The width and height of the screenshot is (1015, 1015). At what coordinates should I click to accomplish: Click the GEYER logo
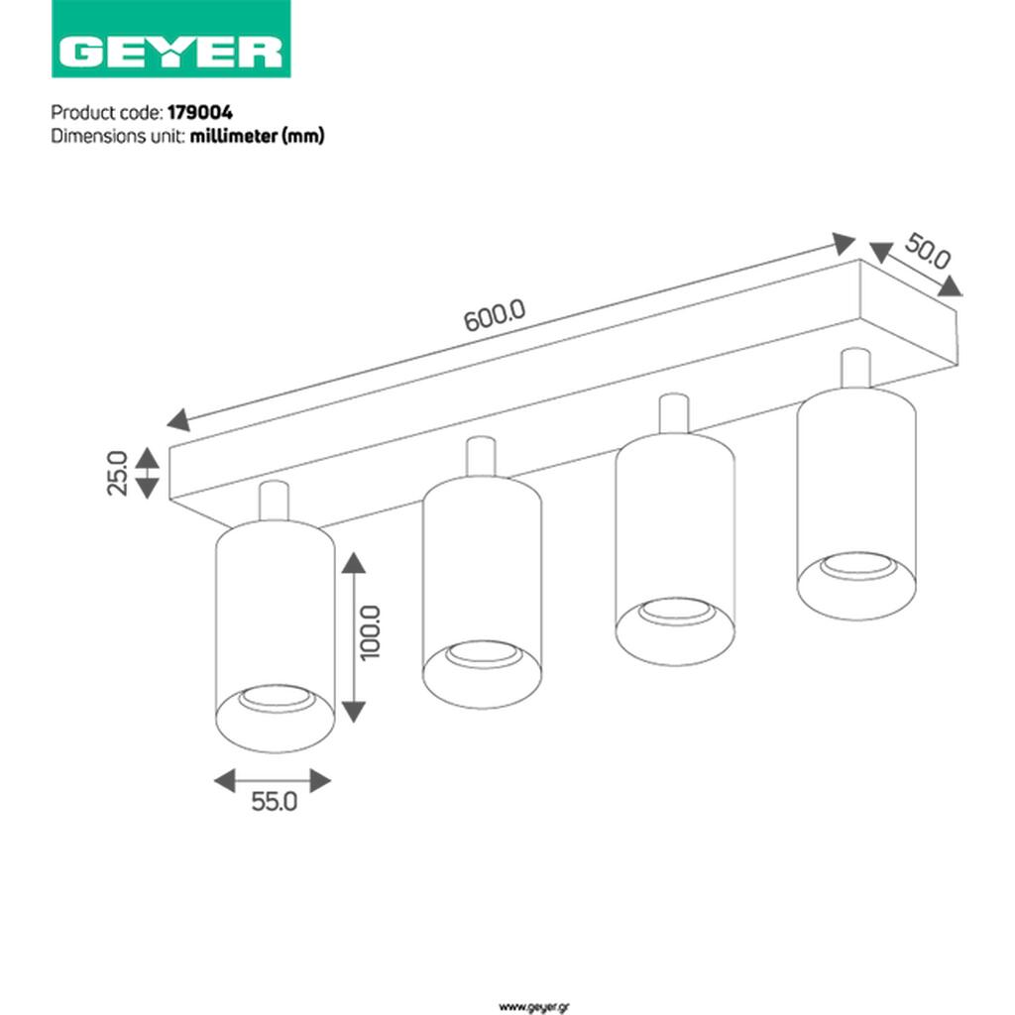pos(170,39)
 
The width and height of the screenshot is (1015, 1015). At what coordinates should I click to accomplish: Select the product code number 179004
pos(200,113)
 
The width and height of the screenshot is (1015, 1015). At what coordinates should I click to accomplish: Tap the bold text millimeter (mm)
pos(257,136)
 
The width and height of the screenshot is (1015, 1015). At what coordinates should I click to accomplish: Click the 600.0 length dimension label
pos(495,315)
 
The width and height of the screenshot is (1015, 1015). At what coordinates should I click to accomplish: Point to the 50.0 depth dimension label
pos(928,251)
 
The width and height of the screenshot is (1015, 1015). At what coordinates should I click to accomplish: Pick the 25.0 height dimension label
pos(117,473)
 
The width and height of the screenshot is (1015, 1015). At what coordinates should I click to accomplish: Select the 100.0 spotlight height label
pos(371,632)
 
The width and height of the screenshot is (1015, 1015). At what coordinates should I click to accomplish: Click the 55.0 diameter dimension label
pos(274,801)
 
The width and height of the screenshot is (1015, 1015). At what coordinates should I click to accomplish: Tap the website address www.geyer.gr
pos(534,1007)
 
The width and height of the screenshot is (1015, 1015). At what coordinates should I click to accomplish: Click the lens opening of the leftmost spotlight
pos(276,700)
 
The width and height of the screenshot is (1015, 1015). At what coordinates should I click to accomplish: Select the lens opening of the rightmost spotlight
pos(858,566)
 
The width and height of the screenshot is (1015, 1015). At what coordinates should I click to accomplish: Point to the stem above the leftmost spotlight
pos(274,501)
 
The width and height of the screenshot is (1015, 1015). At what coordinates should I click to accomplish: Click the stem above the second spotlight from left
pos(481,457)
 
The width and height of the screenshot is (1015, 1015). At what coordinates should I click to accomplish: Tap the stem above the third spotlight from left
pos(674,413)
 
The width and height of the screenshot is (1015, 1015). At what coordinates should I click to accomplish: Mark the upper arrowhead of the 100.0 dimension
pos(354,563)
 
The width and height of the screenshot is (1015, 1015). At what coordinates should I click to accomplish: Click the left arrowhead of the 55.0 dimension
pos(225,781)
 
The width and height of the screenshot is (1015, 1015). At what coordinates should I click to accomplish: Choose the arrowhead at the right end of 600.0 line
pos(844,244)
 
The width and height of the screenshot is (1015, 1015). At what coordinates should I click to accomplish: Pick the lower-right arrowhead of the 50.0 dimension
pos(951,285)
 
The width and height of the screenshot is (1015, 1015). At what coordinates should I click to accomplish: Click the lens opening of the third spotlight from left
pos(676,612)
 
